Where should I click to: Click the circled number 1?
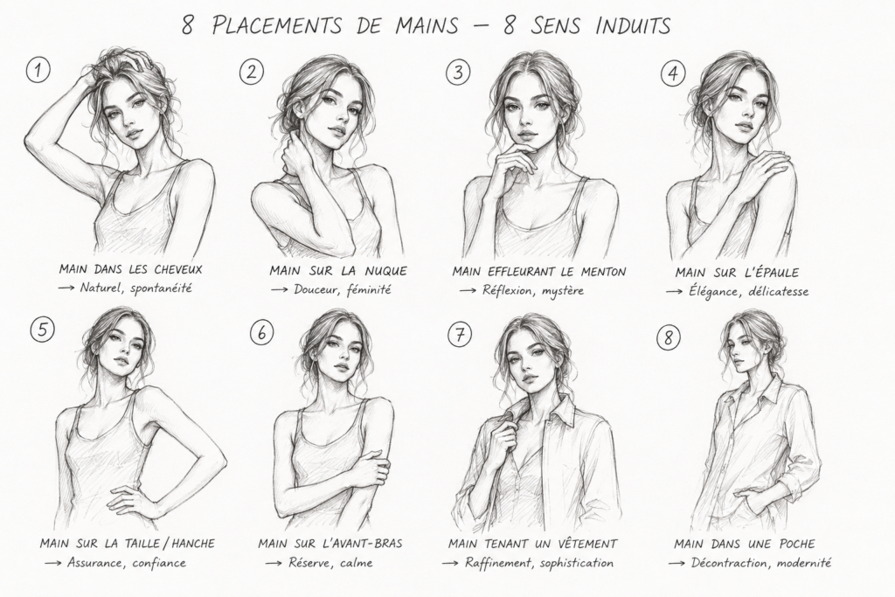pyautogui.click(x=38, y=71)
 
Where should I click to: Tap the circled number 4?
pyautogui.click(x=673, y=73)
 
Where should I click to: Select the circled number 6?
pyautogui.click(x=261, y=332)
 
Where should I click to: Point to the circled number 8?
pyautogui.click(x=668, y=337)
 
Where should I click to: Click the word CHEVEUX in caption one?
pyautogui.click(x=178, y=269)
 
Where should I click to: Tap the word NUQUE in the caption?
pyautogui.click(x=385, y=271)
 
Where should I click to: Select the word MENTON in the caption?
pyautogui.click(x=604, y=272)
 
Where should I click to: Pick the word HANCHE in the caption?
pyautogui.click(x=193, y=544)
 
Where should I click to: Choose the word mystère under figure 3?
pyautogui.click(x=562, y=290)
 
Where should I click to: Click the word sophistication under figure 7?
pyautogui.click(x=577, y=563)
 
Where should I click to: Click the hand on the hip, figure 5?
pyautogui.click(x=128, y=497)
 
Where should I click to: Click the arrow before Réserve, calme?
pyautogui.click(x=274, y=563)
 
